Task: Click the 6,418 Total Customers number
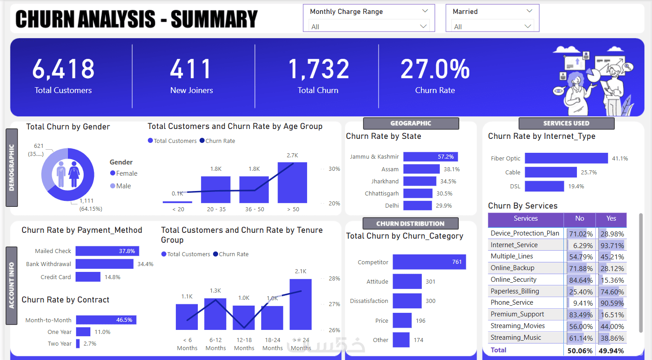(x=63, y=69)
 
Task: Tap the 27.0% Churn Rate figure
(x=435, y=70)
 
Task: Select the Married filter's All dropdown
(x=492, y=27)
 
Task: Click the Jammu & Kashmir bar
(x=430, y=156)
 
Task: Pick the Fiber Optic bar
(x=566, y=158)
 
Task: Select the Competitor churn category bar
(x=429, y=262)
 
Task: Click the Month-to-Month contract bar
(x=106, y=320)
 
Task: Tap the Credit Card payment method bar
(x=88, y=277)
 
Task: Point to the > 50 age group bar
(x=292, y=183)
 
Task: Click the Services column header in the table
(x=526, y=219)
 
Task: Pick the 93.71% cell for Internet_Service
(x=611, y=245)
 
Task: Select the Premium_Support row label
(x=517, y=314)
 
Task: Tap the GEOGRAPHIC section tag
(x=411, y=123)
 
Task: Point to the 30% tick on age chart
(x=334, y=169)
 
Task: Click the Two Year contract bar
(x=78, y=343)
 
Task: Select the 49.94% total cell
(x=611, y=351)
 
